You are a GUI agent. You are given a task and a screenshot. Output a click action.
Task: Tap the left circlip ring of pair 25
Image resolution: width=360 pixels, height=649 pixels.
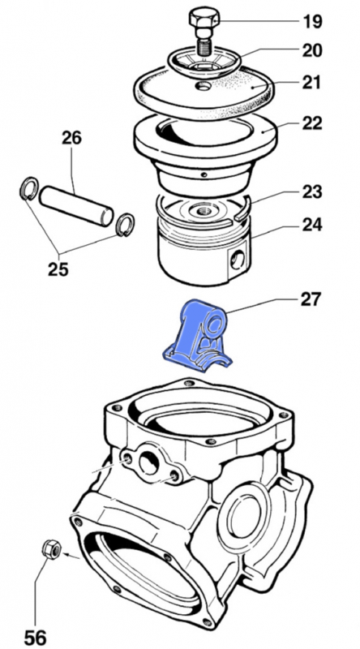28,191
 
